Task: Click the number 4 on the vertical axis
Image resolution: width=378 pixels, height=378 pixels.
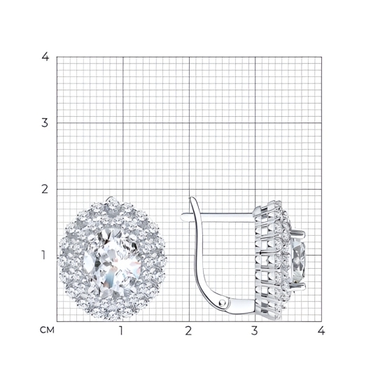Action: point(45,57)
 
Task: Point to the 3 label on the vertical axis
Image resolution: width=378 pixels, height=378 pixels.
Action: point(45,123)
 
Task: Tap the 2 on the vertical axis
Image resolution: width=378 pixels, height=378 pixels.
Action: point(45,189)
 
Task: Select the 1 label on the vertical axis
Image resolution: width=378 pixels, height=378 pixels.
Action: point(43,255)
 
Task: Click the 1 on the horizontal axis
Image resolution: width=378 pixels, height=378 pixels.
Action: point(121,330)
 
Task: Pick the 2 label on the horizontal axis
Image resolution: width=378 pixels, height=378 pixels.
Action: point(188,330)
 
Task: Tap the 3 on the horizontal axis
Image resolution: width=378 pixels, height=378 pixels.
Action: point(255,330)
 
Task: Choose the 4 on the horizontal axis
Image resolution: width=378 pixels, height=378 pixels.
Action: point(321,330)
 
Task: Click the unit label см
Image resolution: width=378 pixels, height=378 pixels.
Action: point(47,330)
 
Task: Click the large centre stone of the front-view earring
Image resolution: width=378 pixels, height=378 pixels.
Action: point(112,262)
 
